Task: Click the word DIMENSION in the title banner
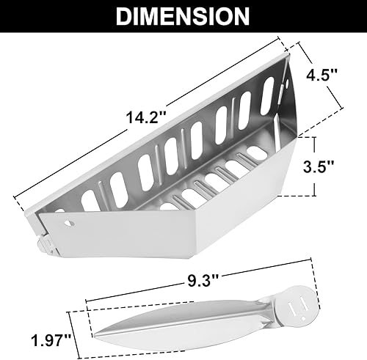183,16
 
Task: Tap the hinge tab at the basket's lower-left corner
45,238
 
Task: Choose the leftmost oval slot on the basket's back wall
87,199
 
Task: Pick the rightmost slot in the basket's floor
258,154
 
